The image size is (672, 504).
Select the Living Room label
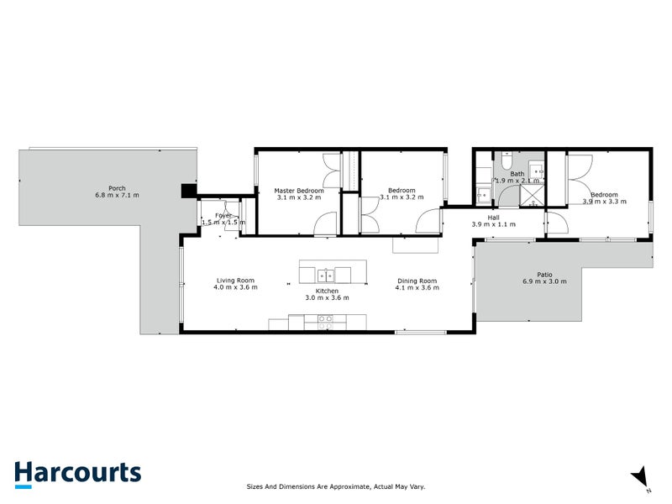pos(235,281)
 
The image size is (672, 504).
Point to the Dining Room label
pos(417,281)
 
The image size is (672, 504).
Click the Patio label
pos(545,274)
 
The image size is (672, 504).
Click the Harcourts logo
pos(77,472)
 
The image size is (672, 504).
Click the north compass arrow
pos(641,476)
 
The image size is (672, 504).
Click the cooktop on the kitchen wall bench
pos(324,319)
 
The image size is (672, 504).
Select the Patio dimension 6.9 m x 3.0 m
pos(545,281)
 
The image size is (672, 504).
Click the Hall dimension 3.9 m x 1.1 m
pos(494,225)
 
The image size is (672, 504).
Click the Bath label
pos(517,174)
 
